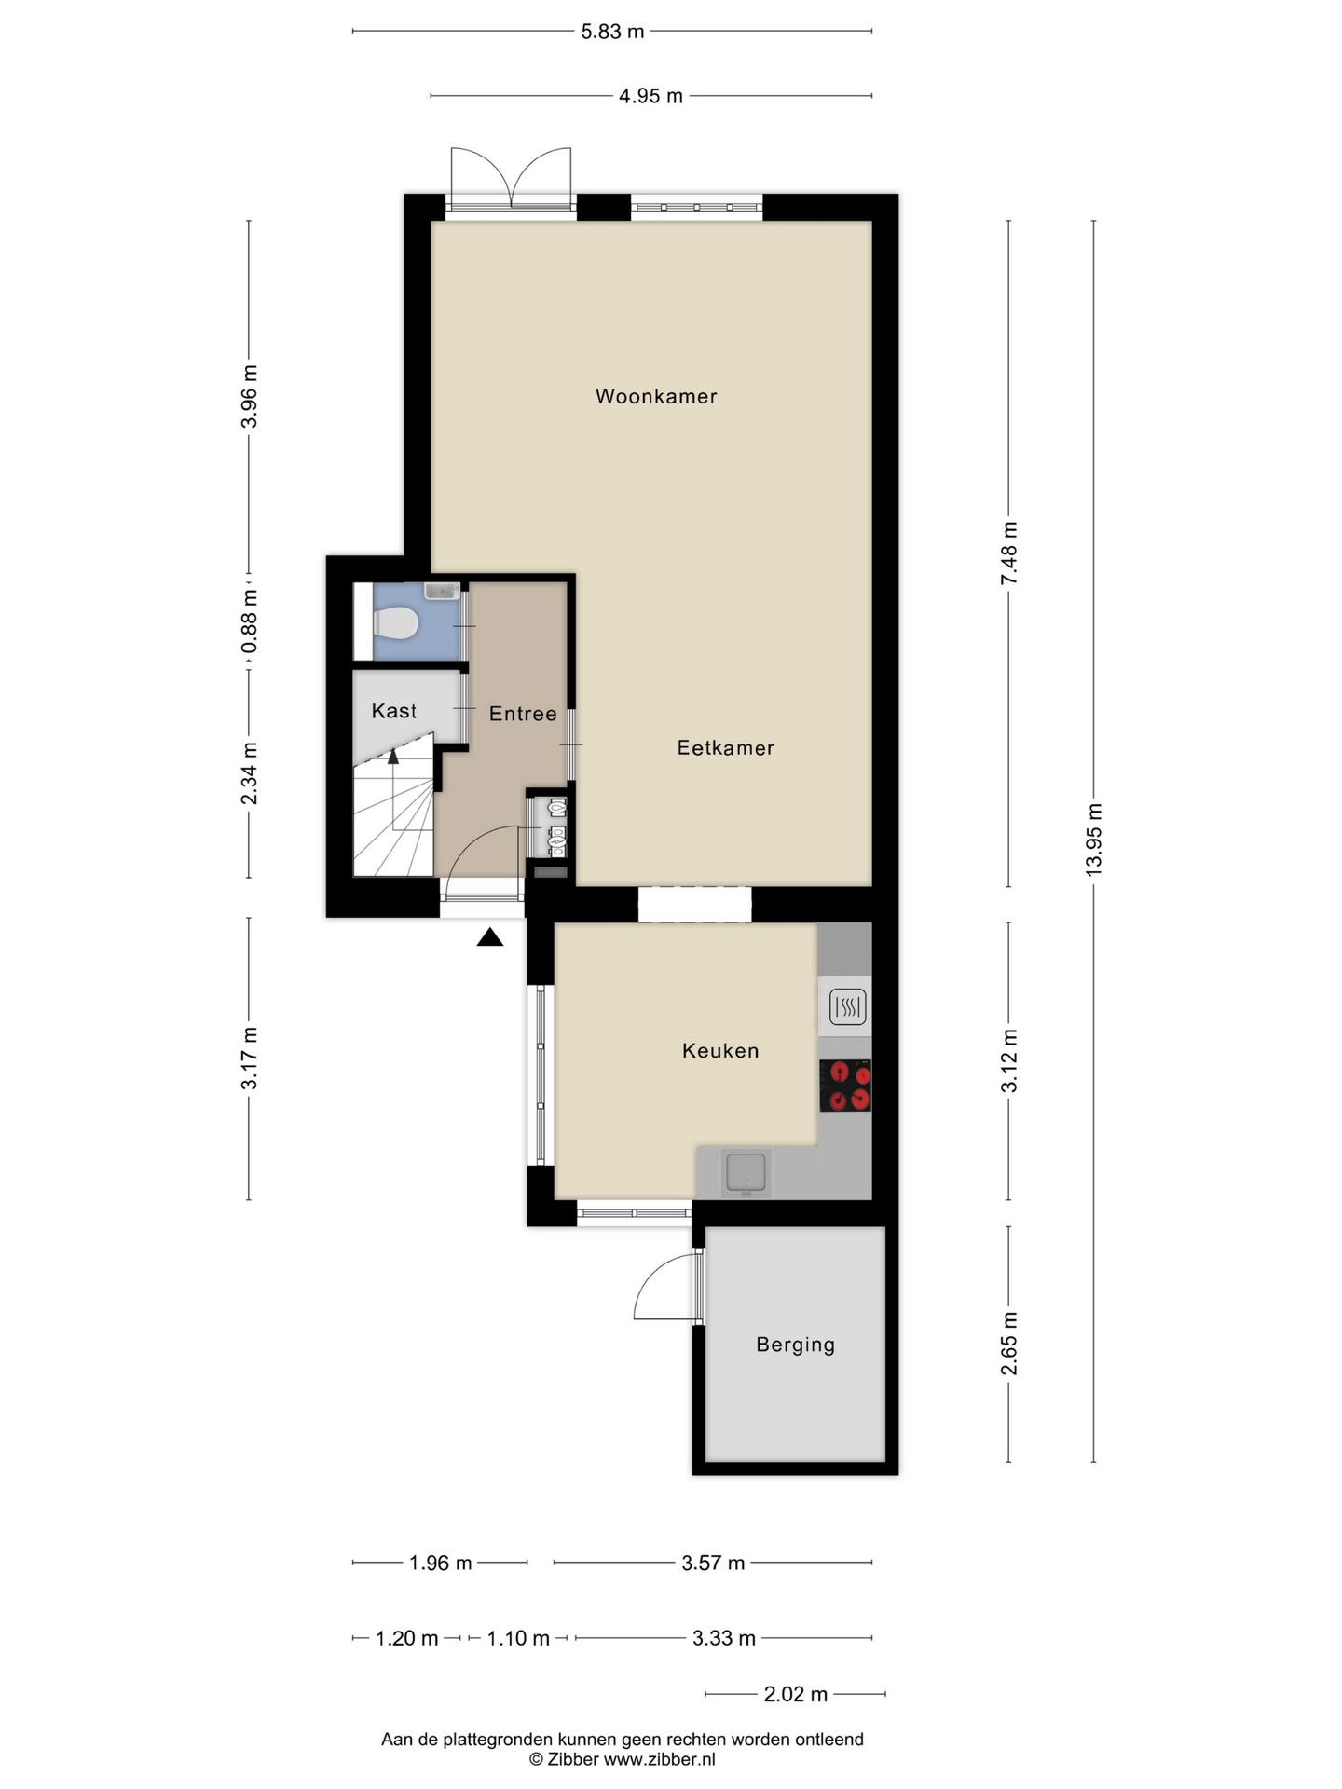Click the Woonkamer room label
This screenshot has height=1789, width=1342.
point(656,396)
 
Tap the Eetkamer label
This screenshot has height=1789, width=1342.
point(725,747)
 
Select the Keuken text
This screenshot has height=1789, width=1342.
point(720,1050)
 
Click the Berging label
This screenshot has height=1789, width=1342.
point(795,1344)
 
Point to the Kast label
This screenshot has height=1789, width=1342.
point(393,711)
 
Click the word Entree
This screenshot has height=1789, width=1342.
point(523,714)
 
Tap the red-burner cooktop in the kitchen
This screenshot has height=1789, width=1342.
point(845,1086)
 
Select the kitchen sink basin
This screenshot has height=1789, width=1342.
point(746,1172)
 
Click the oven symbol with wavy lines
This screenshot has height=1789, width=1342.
point(847,1006)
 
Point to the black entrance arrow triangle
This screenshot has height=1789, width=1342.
point(490,937)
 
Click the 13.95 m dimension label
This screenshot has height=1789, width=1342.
point(1094,838)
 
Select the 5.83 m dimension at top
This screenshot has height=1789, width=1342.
point(612,32)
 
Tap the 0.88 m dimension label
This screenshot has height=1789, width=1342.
point(249,622)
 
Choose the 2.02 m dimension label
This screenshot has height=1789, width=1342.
point(795,1694)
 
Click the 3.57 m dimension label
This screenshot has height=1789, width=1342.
point(713,1563)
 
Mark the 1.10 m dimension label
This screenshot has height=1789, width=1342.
point(518,1638)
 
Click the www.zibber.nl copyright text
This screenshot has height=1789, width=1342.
point(623,1759)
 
